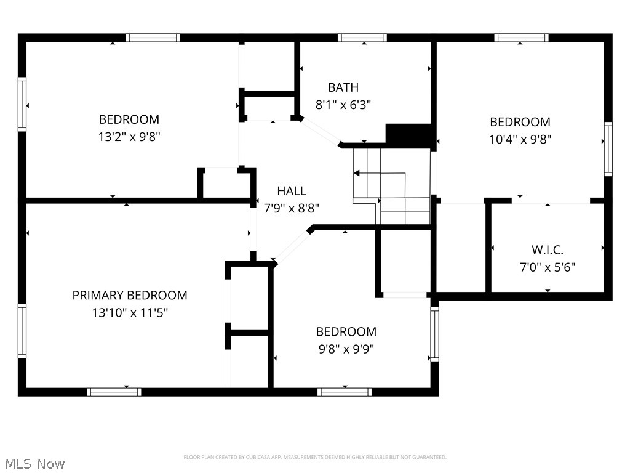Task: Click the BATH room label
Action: click(343, 87)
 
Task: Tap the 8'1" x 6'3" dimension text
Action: click(343, 105)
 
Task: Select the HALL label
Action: click(292, 191)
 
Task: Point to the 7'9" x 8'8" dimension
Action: click(292, 208)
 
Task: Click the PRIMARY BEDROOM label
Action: click(130, 296)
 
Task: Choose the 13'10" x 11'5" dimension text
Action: click(130, 313)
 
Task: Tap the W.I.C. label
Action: click(548, 250)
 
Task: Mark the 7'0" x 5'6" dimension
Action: click(548, 267)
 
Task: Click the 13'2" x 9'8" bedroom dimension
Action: click(129, 137)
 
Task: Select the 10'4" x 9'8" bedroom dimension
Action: click(520, 139)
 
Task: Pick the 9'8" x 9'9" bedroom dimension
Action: click(346, 349)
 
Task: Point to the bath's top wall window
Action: click(362, 38)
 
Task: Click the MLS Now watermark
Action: click(34, 463)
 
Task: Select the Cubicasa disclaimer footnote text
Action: click(315, 457)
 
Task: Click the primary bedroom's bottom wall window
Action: click(114, 392)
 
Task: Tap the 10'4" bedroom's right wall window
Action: click(608, 148)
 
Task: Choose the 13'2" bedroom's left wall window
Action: click(22, 104)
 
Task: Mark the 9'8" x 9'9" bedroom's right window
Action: click(434, 334)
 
